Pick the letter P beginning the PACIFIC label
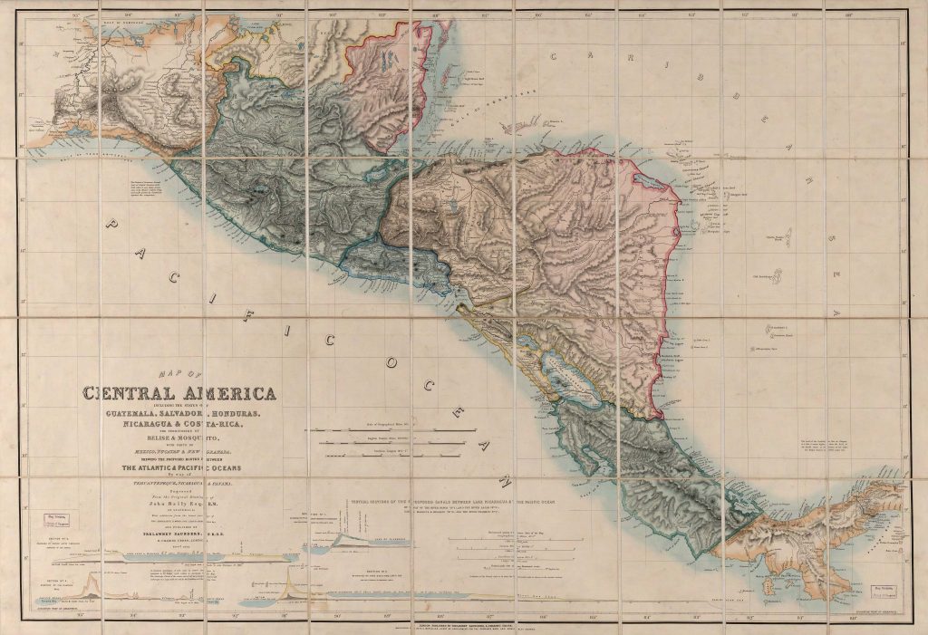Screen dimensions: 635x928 (110, 224)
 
